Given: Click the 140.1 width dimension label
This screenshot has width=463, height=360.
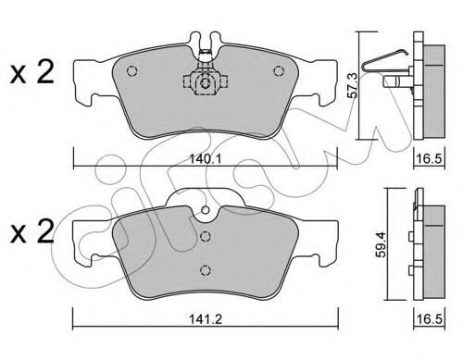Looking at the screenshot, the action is click(x=206, y=159).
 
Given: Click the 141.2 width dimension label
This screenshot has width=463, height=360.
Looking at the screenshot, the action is click(x=206, y=319).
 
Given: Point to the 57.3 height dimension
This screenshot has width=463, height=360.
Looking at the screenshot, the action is click(x=353, y=86).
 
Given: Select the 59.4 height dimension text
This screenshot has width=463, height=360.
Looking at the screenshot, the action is click(x=382, y=244).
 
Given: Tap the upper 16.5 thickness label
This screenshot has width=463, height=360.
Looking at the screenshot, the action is click(x=430, y=159).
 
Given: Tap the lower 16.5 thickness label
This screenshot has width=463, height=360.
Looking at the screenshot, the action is click(x=430, y=319).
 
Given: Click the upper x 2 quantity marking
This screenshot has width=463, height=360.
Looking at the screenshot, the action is click(x=32, y=72).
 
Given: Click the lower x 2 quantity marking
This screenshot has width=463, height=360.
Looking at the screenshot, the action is click(x=32, y=232).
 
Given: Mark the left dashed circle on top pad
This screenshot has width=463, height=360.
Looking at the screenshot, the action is click(x=131, y=71).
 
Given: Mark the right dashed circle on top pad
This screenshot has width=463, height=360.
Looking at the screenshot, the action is click(x=279, y=71).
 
